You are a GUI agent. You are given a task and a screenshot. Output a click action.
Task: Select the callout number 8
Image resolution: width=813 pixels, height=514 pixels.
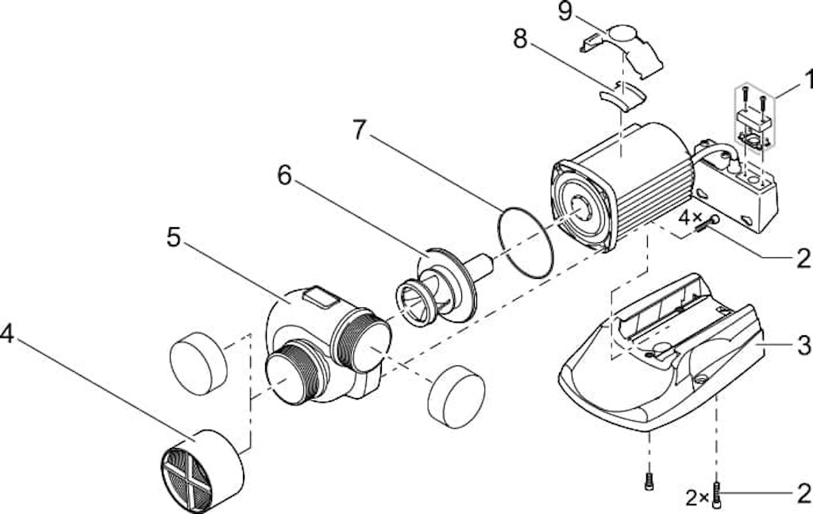(x=520, y=39)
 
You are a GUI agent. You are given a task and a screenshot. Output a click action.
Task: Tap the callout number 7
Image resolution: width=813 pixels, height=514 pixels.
(x=360, y=131)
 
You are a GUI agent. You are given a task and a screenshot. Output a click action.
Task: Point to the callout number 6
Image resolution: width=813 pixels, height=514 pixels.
(x=284, y=176)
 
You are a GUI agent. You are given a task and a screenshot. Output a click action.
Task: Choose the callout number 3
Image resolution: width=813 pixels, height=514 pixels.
(x=803, y=346)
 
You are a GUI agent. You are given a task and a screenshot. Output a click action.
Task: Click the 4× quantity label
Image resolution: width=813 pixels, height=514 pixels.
(x=689, y=216)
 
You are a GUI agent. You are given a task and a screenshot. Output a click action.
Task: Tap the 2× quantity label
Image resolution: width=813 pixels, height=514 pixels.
(x=698, y=498)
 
